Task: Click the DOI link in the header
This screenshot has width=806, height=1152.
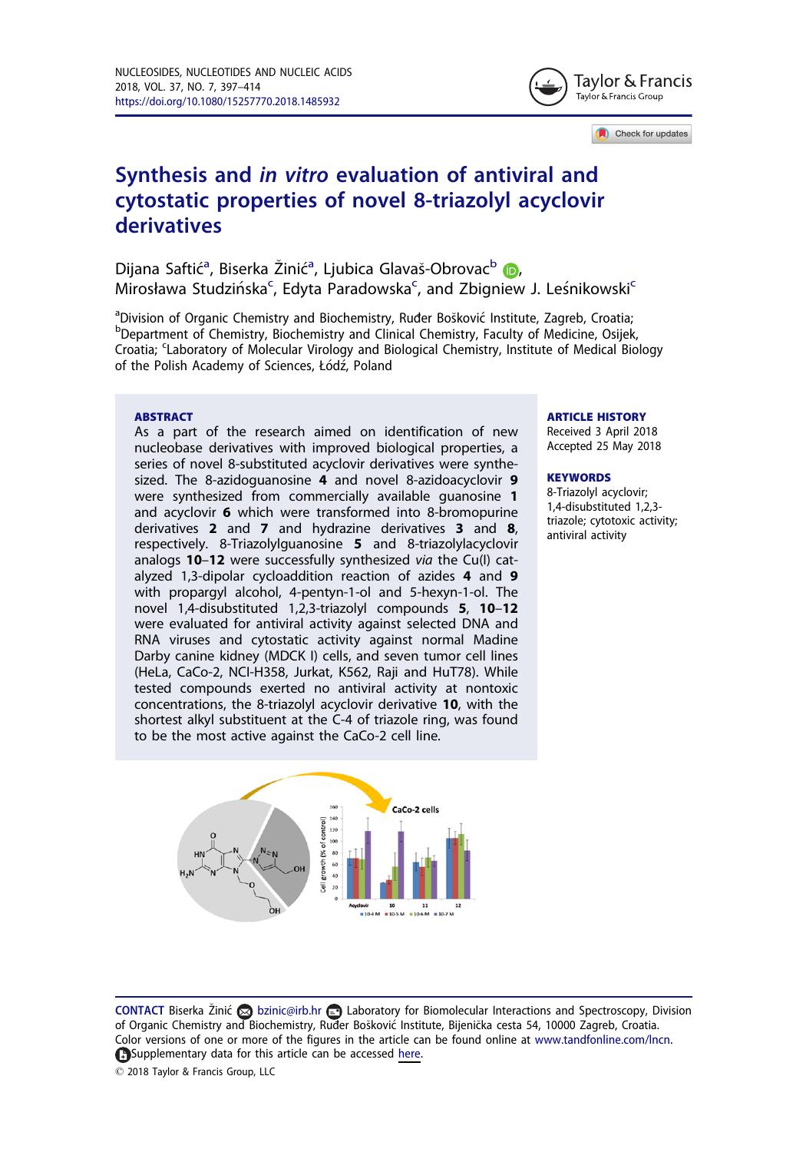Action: point(227,101)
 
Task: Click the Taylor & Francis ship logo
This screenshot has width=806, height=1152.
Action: point(548,87)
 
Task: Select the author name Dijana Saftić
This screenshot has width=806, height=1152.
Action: point(163,268)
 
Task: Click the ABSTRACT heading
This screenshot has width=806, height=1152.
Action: point(164,416)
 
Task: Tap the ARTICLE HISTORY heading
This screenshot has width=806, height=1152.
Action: point(596,416)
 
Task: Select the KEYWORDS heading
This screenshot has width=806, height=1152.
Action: point(579,477)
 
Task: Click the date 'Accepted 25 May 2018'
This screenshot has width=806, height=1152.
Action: point(603,445)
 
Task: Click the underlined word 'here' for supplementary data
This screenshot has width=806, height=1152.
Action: point(409,1054)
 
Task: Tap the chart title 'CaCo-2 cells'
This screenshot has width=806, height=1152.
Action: point(415,809)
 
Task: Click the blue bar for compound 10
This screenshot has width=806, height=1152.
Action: point(383,890)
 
